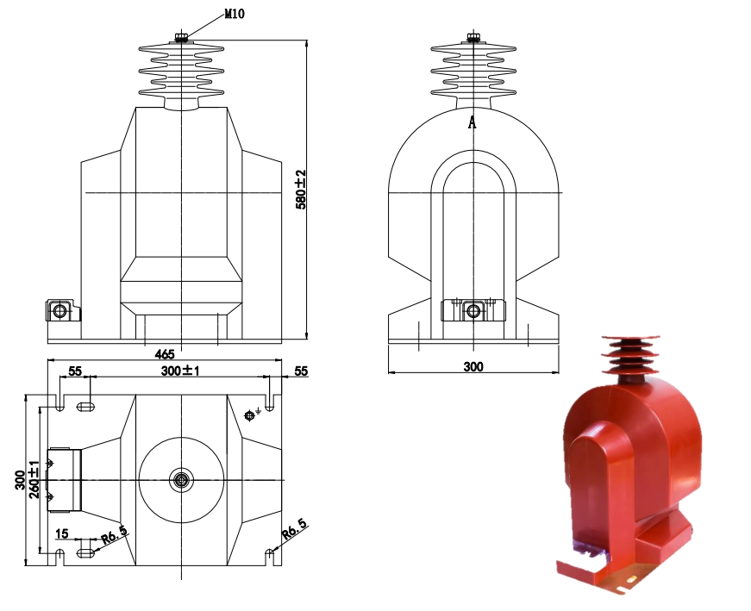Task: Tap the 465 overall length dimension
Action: (x=165, y=353)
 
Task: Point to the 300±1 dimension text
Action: (x=181, y=371)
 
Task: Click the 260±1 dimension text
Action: (x=34, y=479)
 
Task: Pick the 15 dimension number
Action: (x=61, y=534)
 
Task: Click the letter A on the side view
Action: (x=472, y=122)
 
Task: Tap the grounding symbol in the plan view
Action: (x=251, y=415)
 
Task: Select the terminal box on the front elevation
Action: (x=60, y=309)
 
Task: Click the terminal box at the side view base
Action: (x=473, y=310)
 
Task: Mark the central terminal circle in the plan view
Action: (x=181, y=479)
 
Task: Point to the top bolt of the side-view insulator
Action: (x=473, y=37)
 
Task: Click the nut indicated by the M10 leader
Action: (x=181, y=37)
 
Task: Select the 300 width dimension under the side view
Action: (x=473, y=366)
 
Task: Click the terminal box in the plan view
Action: (x=63, y=479)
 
